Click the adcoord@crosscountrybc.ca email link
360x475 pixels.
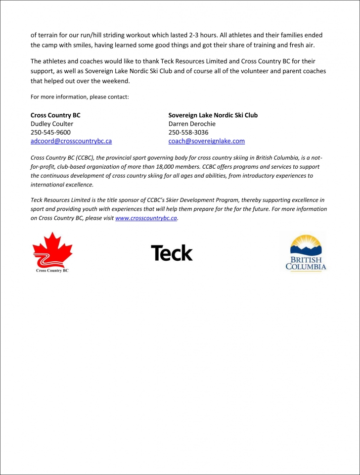(71, 141)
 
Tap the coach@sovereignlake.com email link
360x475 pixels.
(206, 141)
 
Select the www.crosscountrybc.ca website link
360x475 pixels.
(146, 218)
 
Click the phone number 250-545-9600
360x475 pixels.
(50, 132)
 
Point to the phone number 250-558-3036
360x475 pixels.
(188, 132)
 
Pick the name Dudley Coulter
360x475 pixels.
(52, 124)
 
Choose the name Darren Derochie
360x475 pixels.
(192, 124)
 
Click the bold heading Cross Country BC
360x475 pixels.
(55, 115)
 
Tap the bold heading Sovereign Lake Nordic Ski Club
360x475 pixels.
(213, 115)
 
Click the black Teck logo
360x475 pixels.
(172, 253)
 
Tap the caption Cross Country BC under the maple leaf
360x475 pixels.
(52, 271)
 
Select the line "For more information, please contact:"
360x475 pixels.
(80, 97)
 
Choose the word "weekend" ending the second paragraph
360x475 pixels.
(116, 81)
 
